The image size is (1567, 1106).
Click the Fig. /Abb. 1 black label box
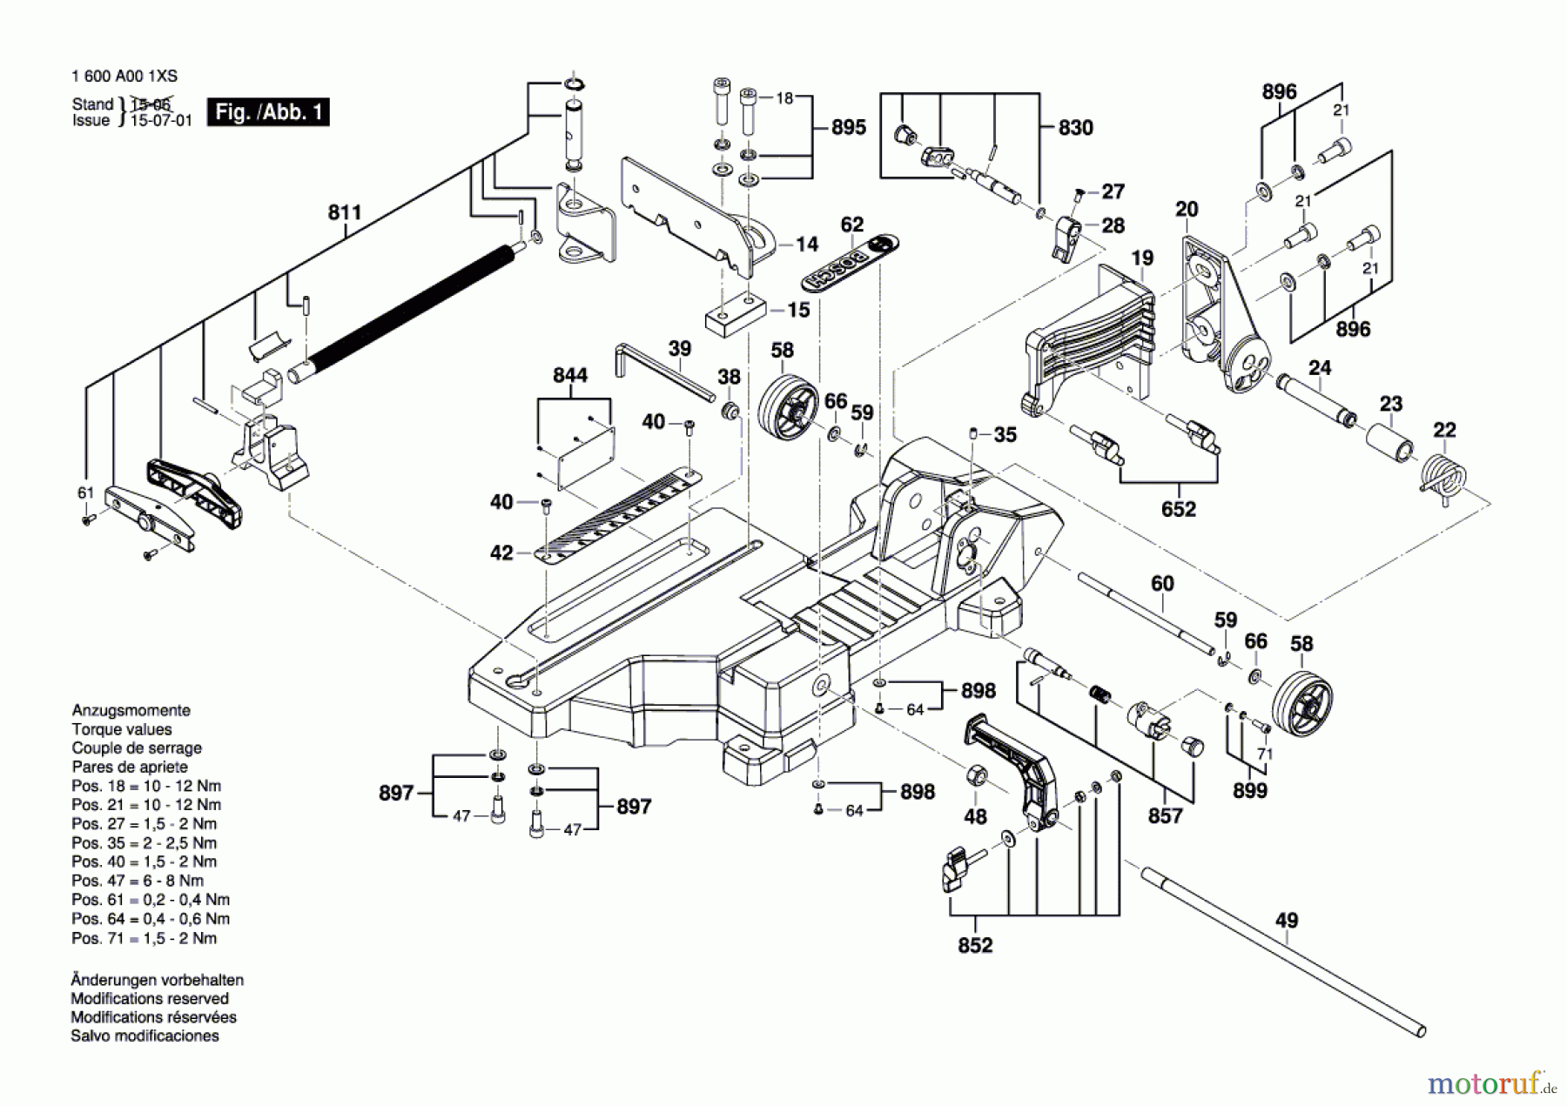pos(268,112)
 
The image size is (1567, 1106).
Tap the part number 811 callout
pos(345,212)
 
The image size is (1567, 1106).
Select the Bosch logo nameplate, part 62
pos(850,264)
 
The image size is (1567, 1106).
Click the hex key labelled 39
pos(664,371)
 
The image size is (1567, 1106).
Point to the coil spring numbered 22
pos(1444,479)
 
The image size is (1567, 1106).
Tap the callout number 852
pos(975,945)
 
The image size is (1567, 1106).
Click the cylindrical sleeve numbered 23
pos(1389,443)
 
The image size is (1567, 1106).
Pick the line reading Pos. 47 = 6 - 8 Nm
pos(138,881)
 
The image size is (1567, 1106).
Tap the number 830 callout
pos(1075,128)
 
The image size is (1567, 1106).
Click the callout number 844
pos(570,375)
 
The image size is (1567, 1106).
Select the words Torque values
pos(122,729)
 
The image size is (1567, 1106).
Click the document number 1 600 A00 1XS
pos(124,76)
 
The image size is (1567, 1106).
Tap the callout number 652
pos(1178,509)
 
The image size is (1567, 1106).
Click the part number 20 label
pos(1187,209)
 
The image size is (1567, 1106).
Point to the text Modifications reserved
pos(150,998)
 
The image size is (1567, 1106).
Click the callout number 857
pos(1165,815)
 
